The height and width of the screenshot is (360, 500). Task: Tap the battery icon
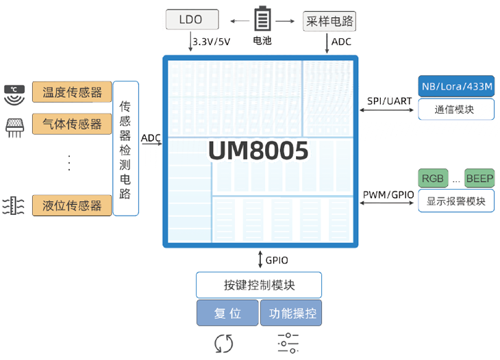tap(262, 18)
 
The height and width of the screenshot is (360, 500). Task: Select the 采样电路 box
tap(329, 21)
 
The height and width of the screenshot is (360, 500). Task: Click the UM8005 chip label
tap(258, 151)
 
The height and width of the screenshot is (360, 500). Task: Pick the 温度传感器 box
tap(72, 92)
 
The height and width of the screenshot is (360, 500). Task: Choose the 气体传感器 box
tap(72, 124)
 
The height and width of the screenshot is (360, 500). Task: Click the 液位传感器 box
tap(72, 205)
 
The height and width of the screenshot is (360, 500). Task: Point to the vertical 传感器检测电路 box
tap(125, 149)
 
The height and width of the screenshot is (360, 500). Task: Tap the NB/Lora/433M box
tap(457, 86)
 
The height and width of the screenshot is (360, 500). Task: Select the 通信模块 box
tap(457, 109)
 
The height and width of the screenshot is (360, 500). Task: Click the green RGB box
tap(432, 179)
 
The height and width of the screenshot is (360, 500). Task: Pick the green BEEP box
tap(479, 179)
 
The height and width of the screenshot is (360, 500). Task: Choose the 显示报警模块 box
tap(456, 201)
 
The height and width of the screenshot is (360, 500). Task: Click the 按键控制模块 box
tap(259, 285)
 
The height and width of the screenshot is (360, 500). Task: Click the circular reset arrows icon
tap(224, 343)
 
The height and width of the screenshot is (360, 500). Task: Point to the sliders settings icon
tap(288, 343)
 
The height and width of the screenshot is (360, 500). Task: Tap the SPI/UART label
tap(389, 101)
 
